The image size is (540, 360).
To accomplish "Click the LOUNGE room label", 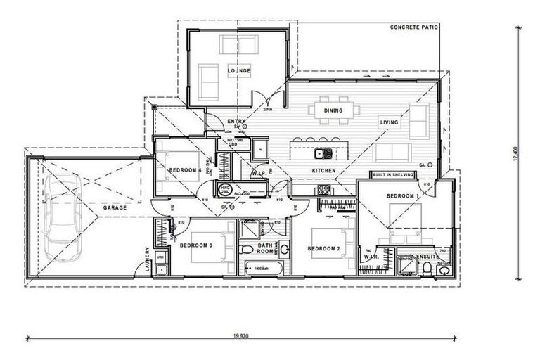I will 238,71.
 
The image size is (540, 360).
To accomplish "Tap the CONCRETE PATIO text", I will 414,27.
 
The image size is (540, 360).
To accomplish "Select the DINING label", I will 333,110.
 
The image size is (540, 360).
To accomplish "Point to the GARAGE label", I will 115,208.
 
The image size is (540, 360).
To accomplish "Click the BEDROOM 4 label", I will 186,170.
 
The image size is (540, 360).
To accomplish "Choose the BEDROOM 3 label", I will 196,245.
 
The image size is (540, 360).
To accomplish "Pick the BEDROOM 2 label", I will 324,248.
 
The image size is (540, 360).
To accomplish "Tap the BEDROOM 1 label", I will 402,195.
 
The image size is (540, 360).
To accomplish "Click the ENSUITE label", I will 427,257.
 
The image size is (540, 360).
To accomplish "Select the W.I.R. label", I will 372,257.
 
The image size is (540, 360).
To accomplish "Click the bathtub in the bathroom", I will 261,268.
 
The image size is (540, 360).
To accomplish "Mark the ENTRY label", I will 236,121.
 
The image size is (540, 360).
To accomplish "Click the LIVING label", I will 389,122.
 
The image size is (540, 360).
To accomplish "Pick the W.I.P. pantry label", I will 258,172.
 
